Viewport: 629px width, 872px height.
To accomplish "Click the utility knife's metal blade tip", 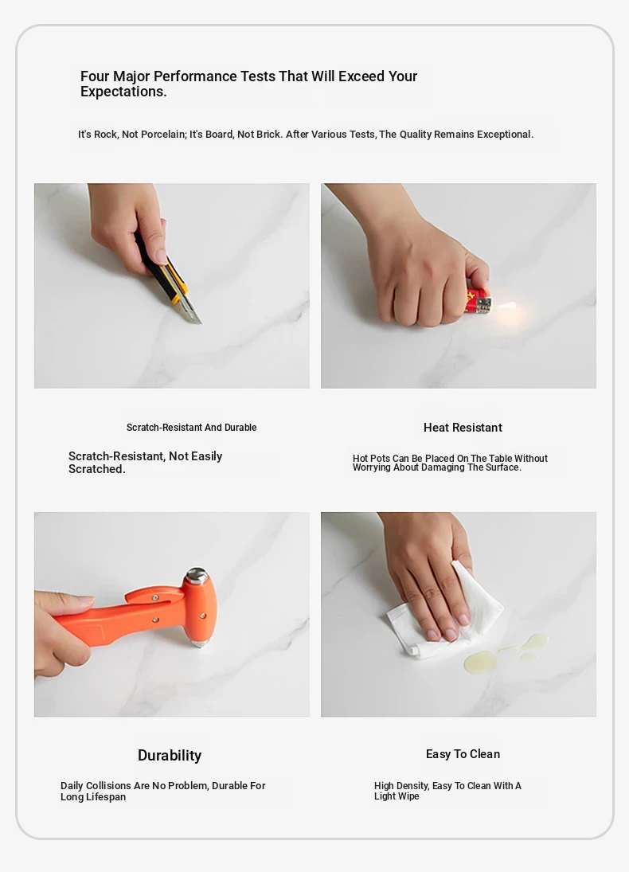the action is click(x=200, y=323).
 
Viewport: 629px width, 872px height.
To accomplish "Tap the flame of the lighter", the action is click(x=506, y=306).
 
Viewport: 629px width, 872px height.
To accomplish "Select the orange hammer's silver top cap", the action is click(x=197, y=576).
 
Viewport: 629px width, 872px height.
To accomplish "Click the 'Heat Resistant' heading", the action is click(x=463, y=428).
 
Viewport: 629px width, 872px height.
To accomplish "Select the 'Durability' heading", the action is click(x=170, y=755).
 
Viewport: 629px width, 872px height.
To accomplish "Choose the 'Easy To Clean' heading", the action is click(x=463, y=754).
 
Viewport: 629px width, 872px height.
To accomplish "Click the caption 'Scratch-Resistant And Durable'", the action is click(x=191, y=428).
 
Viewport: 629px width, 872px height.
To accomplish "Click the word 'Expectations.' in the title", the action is click(x=123, y=92).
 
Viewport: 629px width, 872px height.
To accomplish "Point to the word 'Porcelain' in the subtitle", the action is click(x=163, y=134).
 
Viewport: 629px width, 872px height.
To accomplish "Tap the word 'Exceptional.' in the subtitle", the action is click(x=505, y=134).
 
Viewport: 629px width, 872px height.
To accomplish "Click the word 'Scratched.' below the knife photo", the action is click(x=97, y=469).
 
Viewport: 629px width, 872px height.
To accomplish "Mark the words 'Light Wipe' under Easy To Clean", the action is click(x=397, y=796).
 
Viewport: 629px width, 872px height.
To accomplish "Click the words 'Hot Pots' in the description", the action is click(x=371, y=458).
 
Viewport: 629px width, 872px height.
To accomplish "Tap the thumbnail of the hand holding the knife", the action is click(x=172, y=286).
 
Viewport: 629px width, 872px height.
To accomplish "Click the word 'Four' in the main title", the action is click(x=95, y=76).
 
